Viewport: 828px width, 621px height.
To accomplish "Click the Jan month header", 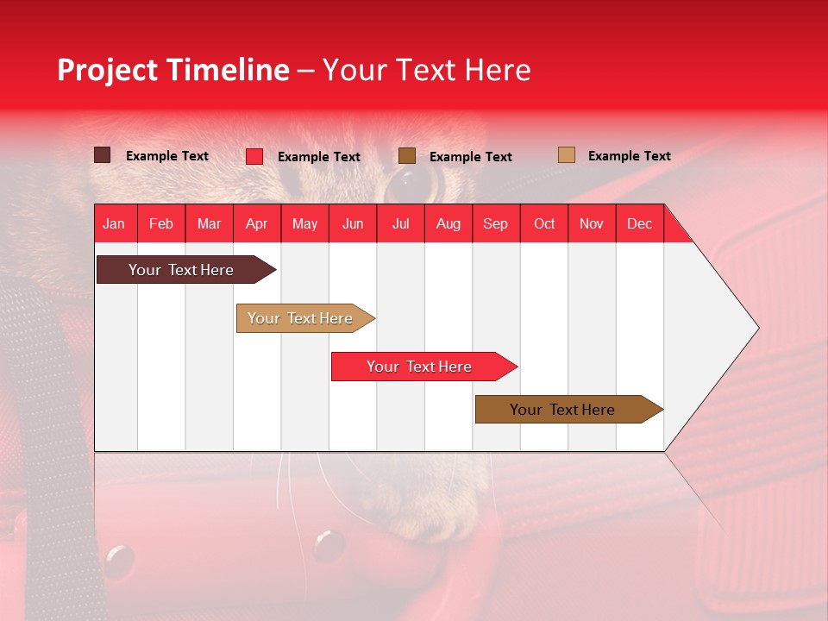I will (115, 223).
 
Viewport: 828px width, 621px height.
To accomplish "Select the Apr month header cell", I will (257, 223).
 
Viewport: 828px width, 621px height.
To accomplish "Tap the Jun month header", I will (353, 223).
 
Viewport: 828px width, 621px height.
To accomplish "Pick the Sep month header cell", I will (496, 223).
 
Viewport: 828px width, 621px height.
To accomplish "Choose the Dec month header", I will (639, 223).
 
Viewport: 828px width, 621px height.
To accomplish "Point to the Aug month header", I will (448, 223).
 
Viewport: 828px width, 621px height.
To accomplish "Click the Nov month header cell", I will (592, 223).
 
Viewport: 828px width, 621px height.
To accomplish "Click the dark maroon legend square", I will (103, 155).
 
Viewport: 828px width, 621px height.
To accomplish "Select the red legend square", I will (254, 156).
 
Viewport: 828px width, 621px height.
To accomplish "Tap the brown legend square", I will (407, 156).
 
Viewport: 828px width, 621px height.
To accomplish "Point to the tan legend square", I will (567, 155).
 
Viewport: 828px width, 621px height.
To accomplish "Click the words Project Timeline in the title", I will (172, 70).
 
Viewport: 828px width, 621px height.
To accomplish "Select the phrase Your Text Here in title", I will (426, 70).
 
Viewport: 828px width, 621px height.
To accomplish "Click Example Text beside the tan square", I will (629, 156).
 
